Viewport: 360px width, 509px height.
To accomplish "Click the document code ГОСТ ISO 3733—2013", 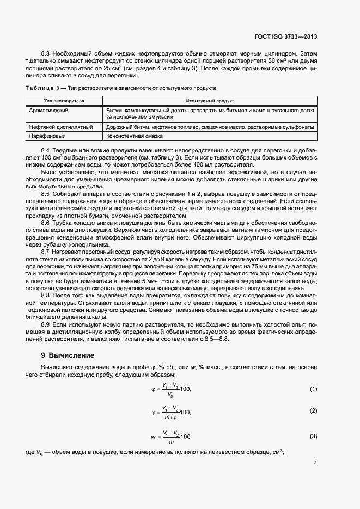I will (285, 37).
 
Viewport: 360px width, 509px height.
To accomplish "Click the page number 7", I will (315, 462).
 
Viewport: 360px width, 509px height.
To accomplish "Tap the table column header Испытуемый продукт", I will (209, 101).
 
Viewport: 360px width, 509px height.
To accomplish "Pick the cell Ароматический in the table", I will (48, 110).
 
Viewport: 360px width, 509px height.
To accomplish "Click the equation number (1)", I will (313, 389).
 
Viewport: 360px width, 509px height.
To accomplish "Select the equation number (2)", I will (313, 411).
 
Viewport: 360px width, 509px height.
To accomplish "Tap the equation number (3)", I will (313, 437).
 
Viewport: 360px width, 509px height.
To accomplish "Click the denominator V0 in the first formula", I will (170, 394).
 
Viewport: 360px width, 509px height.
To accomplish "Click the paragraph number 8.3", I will (46, 54).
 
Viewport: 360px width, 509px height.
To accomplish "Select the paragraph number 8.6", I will (46, 224).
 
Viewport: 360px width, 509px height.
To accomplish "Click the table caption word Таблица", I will (38, 88).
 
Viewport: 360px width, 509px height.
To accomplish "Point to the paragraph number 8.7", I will (46, 251).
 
